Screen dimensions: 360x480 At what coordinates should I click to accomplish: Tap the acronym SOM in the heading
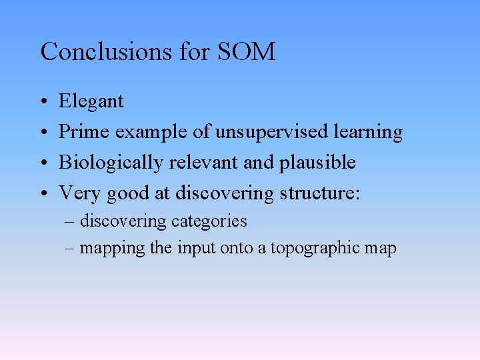pyautogui.click(x=247, y=51)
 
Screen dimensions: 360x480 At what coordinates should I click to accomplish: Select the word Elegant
pyautogui.click(x=91, y=101)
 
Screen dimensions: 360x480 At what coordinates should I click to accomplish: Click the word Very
pyautogui.click(x=80, y=193)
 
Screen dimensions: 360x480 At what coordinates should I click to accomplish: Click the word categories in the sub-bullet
pyautogui.click(x=209, y=221)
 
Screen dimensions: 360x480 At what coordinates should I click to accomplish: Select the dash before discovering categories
pyautogui.click(x=71, y=221)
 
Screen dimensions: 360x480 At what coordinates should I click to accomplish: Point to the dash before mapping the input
pyautogui.click(x=71, y=249)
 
